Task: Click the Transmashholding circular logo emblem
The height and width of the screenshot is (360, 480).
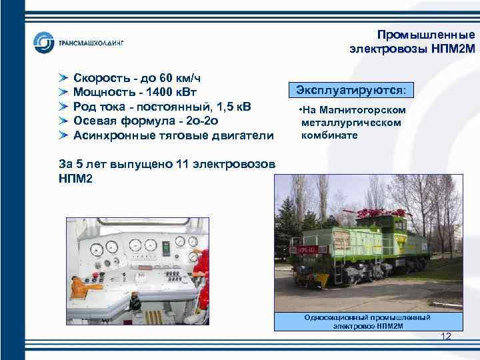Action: (x=44, y=43)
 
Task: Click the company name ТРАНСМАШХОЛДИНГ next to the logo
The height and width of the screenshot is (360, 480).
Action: (x=91, y=43)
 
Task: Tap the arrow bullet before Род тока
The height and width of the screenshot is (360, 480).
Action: (x=63, y=107)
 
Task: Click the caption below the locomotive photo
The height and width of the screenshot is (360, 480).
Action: (x=367, y=321)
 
